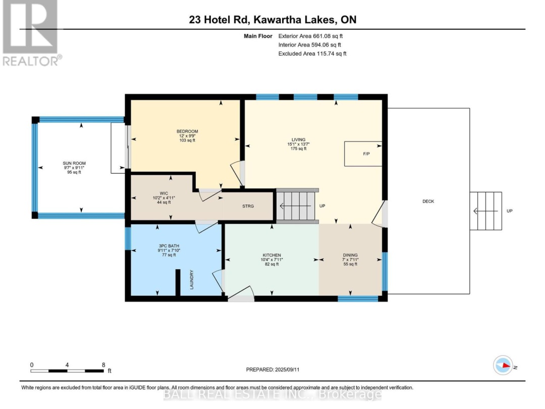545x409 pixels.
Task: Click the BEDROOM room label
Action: coord(184,131)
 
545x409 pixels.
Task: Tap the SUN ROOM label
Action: coord(74,163)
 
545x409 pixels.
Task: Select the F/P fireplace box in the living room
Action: coord(363,154)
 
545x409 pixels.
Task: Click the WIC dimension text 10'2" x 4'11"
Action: coord(163,197)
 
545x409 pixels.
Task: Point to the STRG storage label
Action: coord(248,207)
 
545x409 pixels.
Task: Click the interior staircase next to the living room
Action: coord(298,206)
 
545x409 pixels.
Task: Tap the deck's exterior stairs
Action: coord(485,211)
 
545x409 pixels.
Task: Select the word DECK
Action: coord(428,201)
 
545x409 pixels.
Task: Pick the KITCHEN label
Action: coord(271,255)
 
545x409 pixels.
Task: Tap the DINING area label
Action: coord(349,255)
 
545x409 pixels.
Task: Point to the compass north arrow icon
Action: coord(503,365)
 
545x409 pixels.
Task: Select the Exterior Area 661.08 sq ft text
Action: coord(311,36)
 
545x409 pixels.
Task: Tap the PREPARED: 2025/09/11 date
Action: coord(272,370)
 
